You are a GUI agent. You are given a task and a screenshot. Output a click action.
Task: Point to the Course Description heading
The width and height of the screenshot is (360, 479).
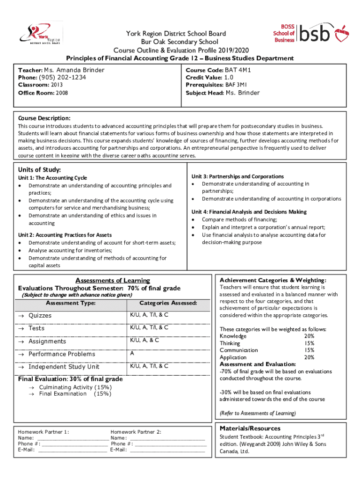point(44,118)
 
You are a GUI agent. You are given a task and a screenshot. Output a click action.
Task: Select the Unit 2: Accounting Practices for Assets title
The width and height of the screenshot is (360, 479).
point(65,235)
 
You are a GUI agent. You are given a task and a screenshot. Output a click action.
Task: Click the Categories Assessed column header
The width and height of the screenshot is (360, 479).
point(168,303)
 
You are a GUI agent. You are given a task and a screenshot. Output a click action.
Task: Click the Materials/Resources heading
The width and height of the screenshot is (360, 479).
point(250,428)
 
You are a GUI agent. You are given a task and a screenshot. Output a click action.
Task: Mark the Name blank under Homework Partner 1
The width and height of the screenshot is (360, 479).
point(72,438)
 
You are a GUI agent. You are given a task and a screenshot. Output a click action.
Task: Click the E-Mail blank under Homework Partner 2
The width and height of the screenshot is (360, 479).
point(167,450)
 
